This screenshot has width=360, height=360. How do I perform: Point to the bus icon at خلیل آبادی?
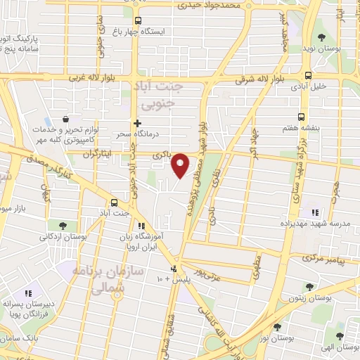click(308, 76)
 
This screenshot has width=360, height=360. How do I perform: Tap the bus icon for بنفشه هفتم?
click(302, 117)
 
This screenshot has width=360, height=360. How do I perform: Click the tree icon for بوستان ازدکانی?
click(63, 226)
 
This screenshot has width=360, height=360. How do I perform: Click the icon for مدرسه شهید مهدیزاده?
click(314, 212)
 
